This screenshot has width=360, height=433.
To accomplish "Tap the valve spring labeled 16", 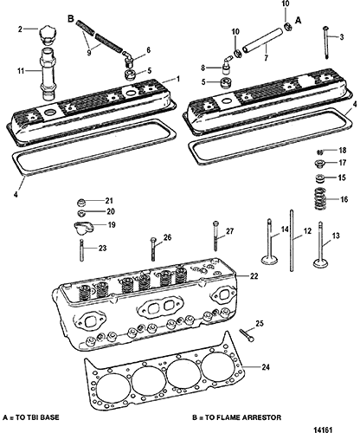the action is pos(320,199).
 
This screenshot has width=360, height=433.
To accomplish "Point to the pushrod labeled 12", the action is pos(292,241).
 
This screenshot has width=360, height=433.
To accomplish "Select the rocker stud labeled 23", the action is pos(82,250).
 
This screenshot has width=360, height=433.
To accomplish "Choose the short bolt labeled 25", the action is pos(247,335).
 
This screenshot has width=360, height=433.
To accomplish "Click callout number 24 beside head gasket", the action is pos(266,367).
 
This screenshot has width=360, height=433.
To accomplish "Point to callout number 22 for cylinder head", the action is pos(254,276).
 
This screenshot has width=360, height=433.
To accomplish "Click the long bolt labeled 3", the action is pos(326,42).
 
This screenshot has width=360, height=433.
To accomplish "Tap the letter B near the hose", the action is pos(71,19).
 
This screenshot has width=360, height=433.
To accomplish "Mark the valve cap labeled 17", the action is pos(319,163).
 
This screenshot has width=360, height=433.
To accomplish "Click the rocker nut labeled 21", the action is pos(82,203).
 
